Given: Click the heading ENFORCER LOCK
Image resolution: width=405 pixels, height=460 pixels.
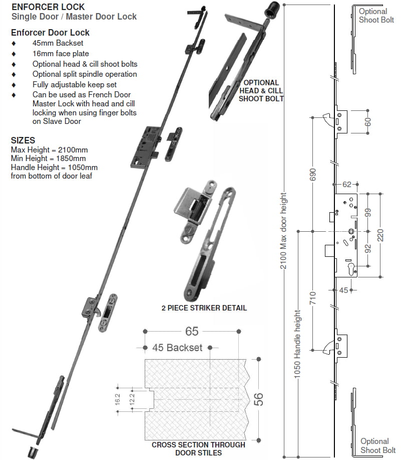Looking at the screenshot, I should [48, 7].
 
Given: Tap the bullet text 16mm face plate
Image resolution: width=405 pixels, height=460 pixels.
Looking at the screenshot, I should [61, 54].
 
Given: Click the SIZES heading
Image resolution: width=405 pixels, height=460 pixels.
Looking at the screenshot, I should [23, 140].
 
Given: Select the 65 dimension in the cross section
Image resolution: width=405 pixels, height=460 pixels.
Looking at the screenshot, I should [192, 331].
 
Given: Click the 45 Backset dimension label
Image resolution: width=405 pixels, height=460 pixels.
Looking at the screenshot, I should [178, 348].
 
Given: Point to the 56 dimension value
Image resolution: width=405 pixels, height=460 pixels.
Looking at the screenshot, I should [259, 399].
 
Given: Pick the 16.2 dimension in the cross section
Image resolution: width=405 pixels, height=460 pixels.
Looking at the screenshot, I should [117, 399].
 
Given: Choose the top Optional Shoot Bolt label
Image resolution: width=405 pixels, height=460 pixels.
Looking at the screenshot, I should [373, 15].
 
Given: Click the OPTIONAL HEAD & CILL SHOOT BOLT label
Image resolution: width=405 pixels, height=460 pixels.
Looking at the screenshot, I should [261, 90].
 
